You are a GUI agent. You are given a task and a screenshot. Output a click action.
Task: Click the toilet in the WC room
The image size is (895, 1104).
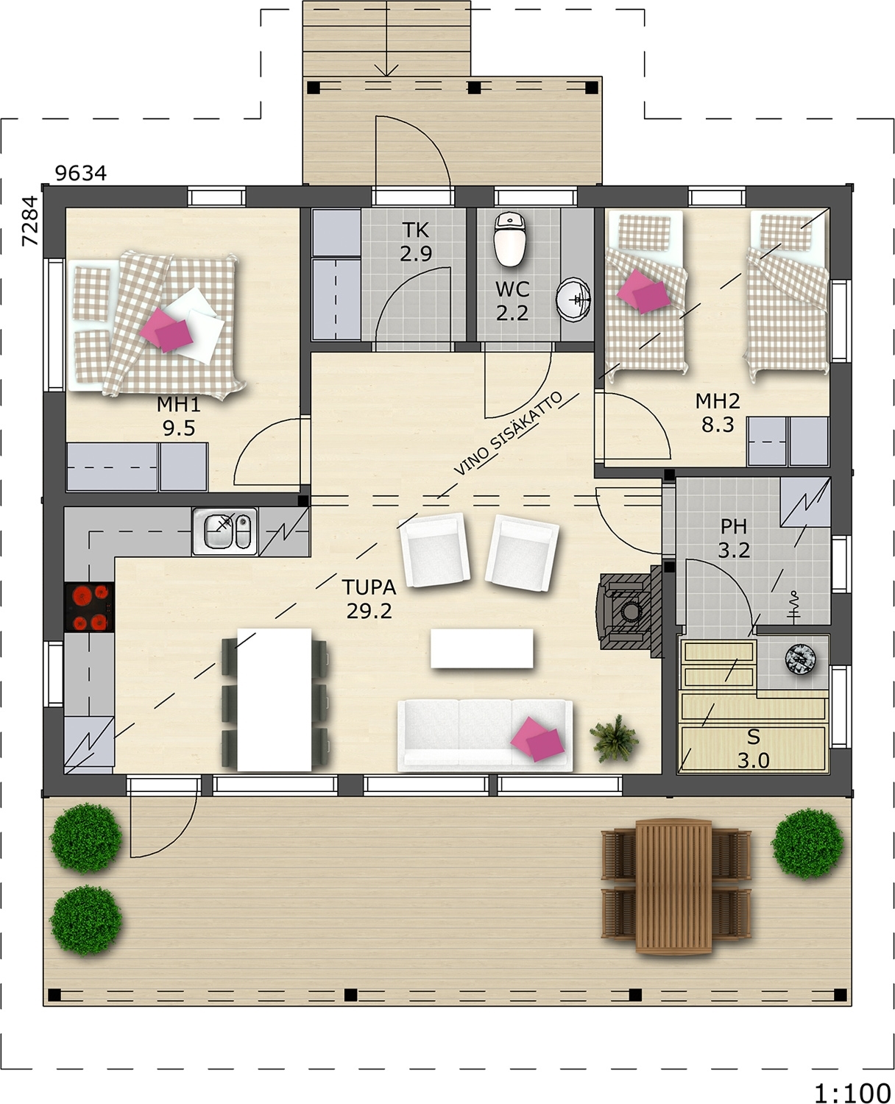[x=510, y=239]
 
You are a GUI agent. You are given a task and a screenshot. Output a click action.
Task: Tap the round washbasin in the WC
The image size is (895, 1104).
[x=573, y=300]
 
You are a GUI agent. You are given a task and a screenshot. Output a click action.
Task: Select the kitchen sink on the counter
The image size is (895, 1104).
[x=225, y=531]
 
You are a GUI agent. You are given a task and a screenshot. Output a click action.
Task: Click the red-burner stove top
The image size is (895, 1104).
[x=89, y=607]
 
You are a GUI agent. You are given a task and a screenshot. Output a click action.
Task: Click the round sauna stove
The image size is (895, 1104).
[x=800, y=659]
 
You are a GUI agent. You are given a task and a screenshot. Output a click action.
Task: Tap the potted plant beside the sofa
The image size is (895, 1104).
[x=614, y=738]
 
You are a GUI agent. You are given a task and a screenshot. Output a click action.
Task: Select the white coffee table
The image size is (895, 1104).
[x=481, y=648]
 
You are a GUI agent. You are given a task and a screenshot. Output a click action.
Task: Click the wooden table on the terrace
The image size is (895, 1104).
[x=673, y=886]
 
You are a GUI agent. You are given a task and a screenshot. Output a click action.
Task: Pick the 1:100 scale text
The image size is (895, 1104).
[x=852, y=1080]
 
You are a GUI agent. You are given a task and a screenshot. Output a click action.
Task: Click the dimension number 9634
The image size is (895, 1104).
[x=81, y=173]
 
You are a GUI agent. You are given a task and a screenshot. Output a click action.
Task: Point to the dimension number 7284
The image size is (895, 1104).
[x=30, y=220]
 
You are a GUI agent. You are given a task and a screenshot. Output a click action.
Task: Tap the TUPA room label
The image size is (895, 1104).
[x=369, y=587]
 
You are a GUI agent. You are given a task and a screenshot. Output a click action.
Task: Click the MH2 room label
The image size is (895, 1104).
[x=717, y=400]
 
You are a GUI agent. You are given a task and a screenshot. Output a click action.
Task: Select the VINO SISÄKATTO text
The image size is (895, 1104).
[x=508, y=434]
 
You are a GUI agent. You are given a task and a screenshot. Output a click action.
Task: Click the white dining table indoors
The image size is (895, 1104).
[x=274, y=700]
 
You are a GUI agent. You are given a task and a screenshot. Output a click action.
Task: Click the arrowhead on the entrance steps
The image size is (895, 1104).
[x=386, y=71]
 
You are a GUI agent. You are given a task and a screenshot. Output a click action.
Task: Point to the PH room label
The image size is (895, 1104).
[x=734, y=526]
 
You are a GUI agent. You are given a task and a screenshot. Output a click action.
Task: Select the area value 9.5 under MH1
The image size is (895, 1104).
[x=179, y=428]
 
